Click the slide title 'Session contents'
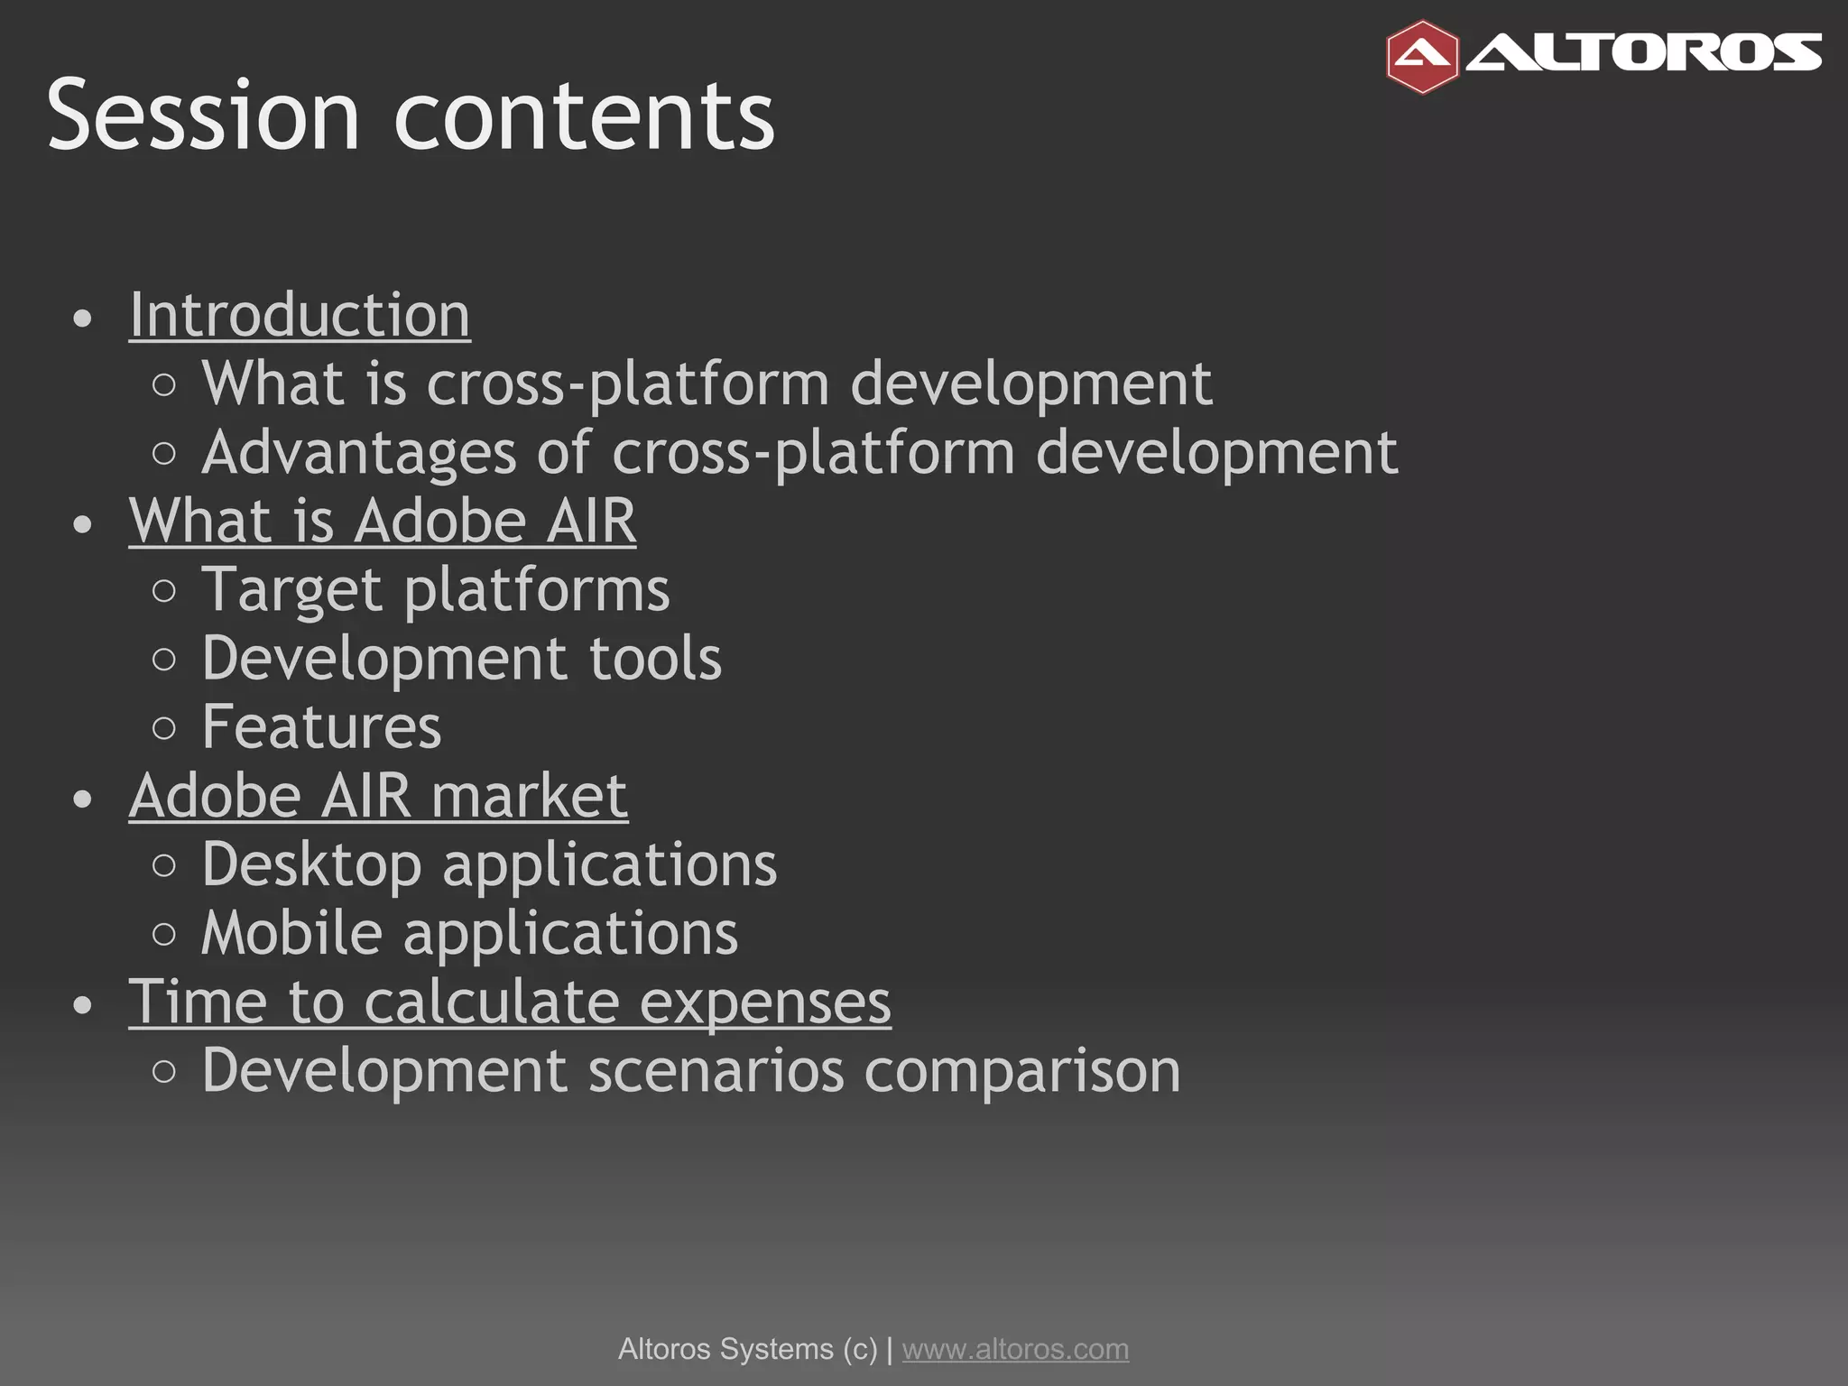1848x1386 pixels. (411, 115)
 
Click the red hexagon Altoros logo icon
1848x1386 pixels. (1422, 57)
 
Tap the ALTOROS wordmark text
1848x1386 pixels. (1644, 53)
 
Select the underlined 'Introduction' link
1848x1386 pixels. (300, 315)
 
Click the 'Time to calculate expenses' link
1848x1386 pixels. (510, 1002)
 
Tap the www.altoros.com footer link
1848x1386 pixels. (1015, 1349)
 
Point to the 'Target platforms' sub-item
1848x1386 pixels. (436, 590)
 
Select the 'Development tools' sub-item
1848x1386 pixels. (461, 659)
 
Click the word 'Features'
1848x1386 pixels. (321, 727)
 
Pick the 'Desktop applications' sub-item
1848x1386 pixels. (489, 864)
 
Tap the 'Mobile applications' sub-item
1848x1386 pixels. (469, 933)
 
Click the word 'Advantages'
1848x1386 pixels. (359, 452)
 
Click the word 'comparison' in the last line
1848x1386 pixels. (1021, 1071)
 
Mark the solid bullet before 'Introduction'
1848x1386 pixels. (83, 319)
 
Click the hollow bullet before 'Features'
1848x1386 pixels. (164, 728)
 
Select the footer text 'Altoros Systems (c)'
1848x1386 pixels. (747, 1349)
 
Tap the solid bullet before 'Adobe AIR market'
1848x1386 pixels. (83, 799)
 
